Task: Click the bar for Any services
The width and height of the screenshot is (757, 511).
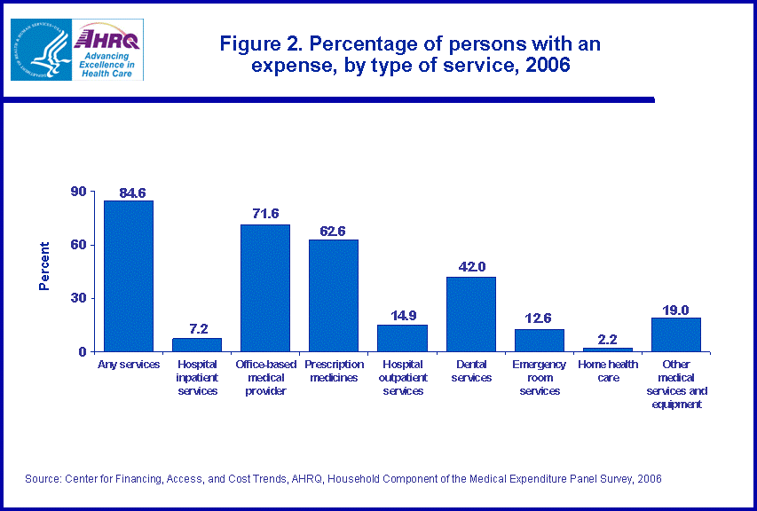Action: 129,276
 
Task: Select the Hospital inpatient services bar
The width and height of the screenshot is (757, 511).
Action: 197,345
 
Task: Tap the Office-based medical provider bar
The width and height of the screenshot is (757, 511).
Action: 265,287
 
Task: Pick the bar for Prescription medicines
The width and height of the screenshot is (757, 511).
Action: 334,295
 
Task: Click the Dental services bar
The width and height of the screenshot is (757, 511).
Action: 471,314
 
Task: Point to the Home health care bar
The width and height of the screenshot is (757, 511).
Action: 608,350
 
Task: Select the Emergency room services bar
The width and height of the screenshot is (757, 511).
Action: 540,341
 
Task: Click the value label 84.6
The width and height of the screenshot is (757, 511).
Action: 129,193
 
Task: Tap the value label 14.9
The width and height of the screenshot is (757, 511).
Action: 402,315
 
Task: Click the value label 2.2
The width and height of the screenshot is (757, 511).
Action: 608,338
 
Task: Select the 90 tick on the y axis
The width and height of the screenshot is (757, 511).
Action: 79,192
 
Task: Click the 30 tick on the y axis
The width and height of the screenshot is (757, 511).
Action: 79,298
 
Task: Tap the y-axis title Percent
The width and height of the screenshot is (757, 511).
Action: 44,266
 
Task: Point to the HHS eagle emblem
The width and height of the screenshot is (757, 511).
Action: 38,51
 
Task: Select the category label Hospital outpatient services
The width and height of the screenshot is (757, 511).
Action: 402,378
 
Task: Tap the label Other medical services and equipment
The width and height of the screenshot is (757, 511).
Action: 676,384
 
